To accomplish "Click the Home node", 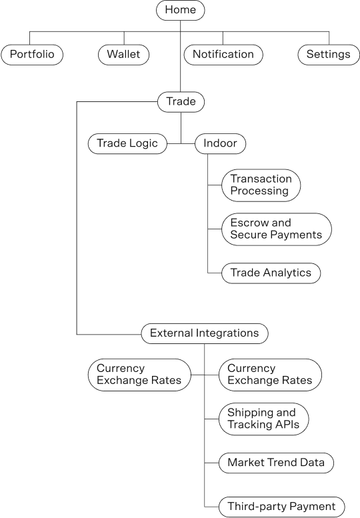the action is (x=180, y=10).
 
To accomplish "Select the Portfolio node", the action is (x=32, y=55).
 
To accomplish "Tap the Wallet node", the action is (x=123, y=55).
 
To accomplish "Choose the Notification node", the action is (x=223, y=55).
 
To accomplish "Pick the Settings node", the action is (x=329, y=55).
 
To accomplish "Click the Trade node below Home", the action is (x=181, y=102).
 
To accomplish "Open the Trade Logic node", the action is (x=127, y=144).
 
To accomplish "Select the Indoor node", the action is (x=220, y=144).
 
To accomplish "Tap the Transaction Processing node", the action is (x=261, y=185).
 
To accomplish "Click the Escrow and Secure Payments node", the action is (x=277, y=229).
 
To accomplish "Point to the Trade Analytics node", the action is (x=271, y=273).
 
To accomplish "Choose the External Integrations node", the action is (x=205, y=333).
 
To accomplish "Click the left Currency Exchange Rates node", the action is (x=139, y=375).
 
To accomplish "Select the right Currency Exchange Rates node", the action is (x=270, y=375).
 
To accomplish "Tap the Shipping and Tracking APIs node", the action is (x=263, y=419).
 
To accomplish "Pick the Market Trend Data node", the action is (x=276, y=463).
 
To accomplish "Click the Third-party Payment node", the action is (x=282, y=507).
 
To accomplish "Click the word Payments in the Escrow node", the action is (x=299, y=235).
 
